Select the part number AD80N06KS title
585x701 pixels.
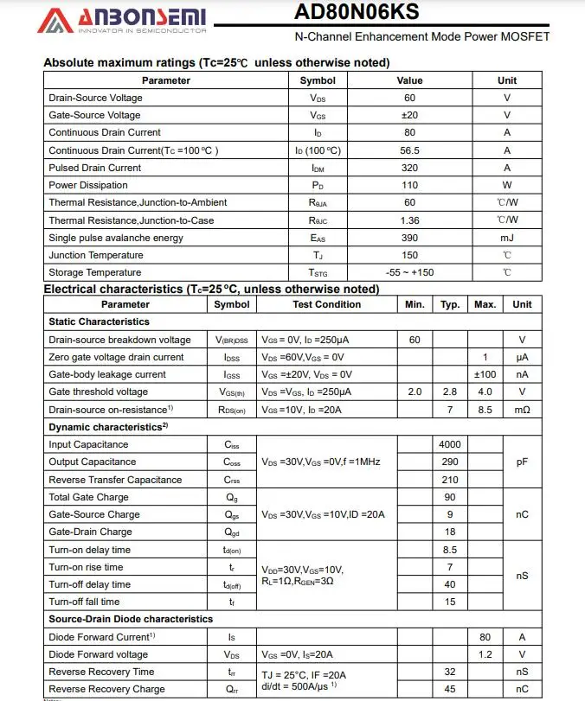pyautogui.click(x=357, y=12)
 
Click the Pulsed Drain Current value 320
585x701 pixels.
pyautogui.click(x=409, y=168)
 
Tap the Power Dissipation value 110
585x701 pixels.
pyautogui.click(x=409, y=185)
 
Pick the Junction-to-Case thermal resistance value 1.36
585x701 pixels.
pyautogui.click(x=409, y=220)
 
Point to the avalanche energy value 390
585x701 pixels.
pyautogui.click(x=409, y=238)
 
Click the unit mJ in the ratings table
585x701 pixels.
pyautogui.click(x=507, y=238)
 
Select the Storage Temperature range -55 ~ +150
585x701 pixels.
pyautogui.click(x=409, y=273)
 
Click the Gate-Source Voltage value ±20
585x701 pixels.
pyautogui.click(x=409, y=115)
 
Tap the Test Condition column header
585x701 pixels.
pyautogui.click(x=326, y=304)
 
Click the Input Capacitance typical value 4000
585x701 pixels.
pyautogui.click(x=450, y=444)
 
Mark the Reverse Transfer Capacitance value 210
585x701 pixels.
pyautogui.click(x=450, y=480)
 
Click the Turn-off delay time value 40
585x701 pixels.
pyautogui.click(x=450, y=584)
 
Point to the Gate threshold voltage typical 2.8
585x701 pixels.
pyautogui.click(x=450, y=392)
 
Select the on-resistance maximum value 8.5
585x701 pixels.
pyautogui.click(x=485, y=410)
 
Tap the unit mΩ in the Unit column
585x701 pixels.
pyautogui.click(x=522, y=410)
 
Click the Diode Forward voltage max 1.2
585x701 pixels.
pyautogui.click(x=485, y=654)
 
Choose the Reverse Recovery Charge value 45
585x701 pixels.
pyautogui.click(x=450, y=689)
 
